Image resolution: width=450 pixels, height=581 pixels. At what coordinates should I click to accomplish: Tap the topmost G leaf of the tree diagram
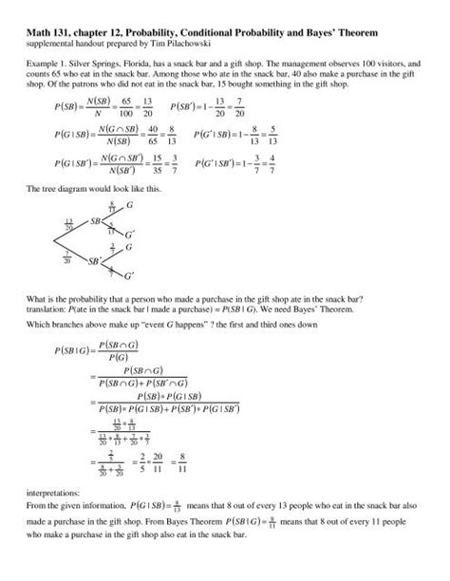[130, 205]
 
